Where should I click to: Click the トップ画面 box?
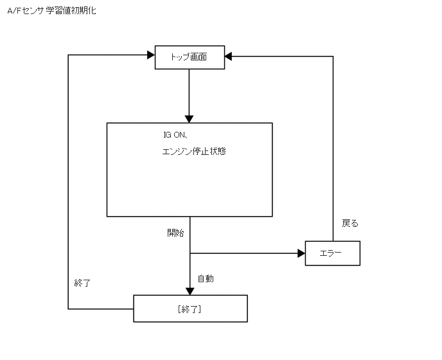[190, 57]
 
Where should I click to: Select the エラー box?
[332, 253]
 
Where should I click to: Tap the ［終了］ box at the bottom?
[190, 309]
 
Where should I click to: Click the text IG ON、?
[175, 135]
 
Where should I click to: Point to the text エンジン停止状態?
[193, 152]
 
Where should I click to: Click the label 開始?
[175, 233]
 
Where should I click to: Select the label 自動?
[206, 279]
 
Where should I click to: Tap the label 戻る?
[350, 224]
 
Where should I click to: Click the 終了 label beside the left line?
[82, 283]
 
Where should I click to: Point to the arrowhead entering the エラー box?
[301, 253]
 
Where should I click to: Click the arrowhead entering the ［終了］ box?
[190, 290]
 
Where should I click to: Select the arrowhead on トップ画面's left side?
[151, 55]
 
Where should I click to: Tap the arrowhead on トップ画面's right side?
[229, 57]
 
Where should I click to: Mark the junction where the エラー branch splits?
[190, 253]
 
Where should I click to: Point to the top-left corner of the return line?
[68, 55]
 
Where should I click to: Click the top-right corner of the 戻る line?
[333, 57]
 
